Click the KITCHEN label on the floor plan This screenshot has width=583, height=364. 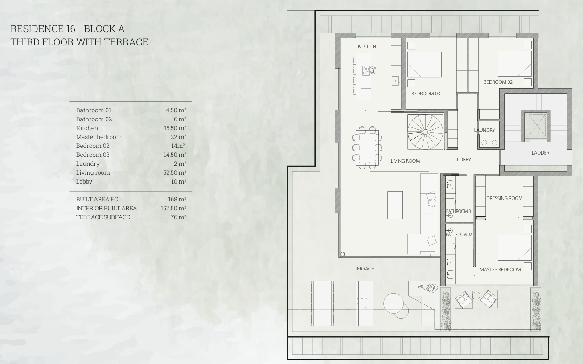367,46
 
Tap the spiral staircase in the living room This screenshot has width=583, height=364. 425,132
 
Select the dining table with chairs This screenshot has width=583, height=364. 367,147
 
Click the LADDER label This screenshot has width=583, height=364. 540,153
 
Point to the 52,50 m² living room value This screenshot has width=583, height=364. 175,172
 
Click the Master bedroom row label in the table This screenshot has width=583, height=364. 99,137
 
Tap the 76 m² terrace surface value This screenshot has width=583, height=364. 178,217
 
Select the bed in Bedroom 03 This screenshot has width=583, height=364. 424,64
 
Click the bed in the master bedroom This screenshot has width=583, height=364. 514,248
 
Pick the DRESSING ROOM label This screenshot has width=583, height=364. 504,198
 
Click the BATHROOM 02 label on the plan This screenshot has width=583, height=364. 459,234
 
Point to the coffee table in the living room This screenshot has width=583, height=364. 395,205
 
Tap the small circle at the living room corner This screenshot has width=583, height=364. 342,254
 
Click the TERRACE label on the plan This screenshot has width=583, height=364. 364,269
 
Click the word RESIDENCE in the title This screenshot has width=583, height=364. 37,29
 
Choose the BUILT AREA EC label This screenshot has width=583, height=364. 97,199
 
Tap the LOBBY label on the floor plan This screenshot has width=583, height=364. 464,160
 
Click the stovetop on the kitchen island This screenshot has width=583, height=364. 365,71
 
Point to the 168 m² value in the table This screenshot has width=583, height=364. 177,199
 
